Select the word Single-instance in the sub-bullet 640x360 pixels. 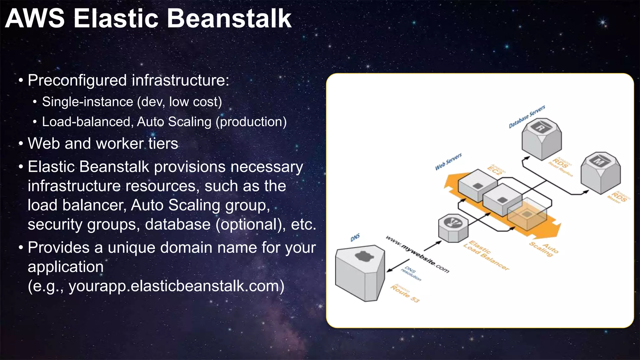pyautogui.click(x=87, y=102)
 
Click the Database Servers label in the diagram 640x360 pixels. pyautogui.click(x=527, y=117)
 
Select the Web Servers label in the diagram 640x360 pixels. pyautogui.click(x=448, y=162)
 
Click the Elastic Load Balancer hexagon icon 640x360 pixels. pyautogui.click(x=453, y=228)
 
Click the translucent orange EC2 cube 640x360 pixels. pyautogui.click(x=527, y=214)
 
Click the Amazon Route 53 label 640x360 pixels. pyautogui.click(x=404, y=294)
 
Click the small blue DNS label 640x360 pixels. pyautogui.click(x=355, y=237)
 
